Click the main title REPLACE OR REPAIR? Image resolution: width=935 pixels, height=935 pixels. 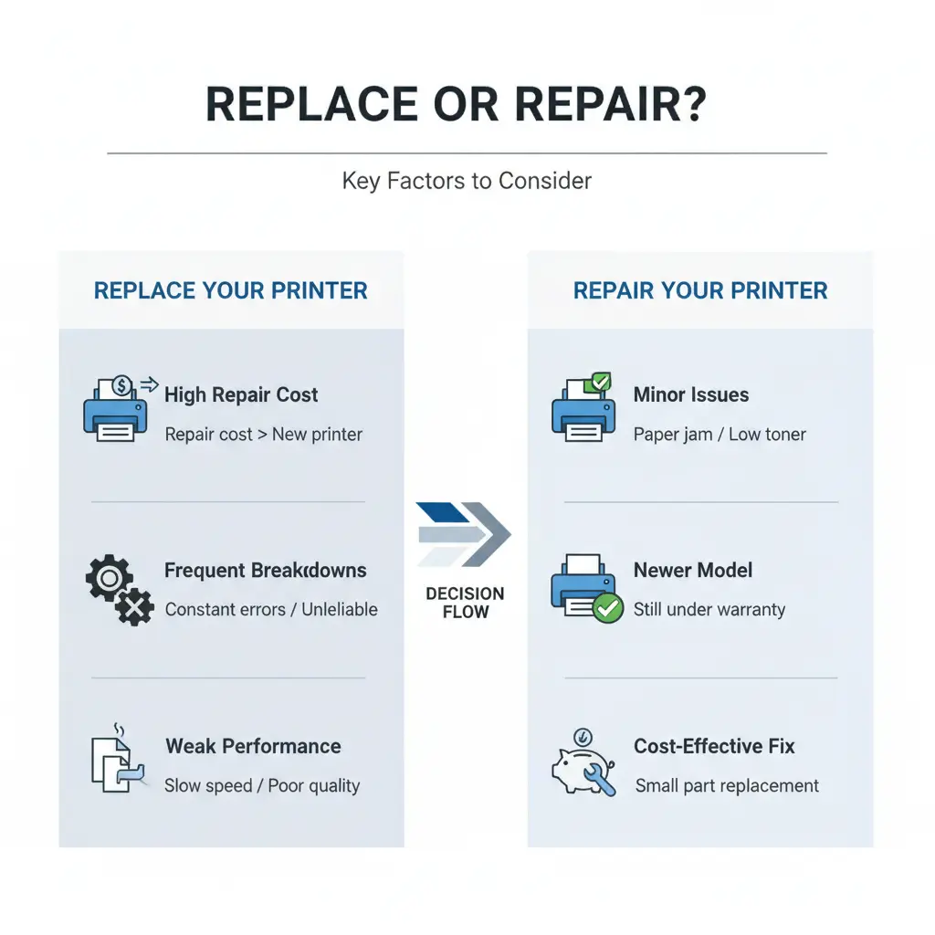pyautogui.click(x=456, y=106)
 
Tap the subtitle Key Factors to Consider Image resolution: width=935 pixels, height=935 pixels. pyautogui.click(x=467, y=181)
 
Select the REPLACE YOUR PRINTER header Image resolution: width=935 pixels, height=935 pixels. pyautogui.click(x=231, y=291)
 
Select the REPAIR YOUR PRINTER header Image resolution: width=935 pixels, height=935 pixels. pyautogui.click(x=699, y=291)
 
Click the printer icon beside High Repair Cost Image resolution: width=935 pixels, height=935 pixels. pyautogui.click(x=114, y=411)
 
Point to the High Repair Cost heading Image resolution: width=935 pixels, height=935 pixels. pyautogui.click(x=241, y=395)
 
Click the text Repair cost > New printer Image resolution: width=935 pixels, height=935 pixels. pyautogui.click(x=263, y=435)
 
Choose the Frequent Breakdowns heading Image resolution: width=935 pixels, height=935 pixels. pyautogui.click(x=265, y=571)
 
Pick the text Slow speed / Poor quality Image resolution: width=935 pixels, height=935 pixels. pyautogui.click(x=261, y=786)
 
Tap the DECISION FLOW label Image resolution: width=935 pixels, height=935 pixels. pyautogui.click(x=465, y=603)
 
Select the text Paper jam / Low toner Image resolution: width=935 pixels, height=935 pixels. pyautogui.click(x=720, y=435)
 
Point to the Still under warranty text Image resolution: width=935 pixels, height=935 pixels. pyautogui.click(x=709, y=610)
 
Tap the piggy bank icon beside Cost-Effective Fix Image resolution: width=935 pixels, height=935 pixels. pyautogui.click(x=583, y=763)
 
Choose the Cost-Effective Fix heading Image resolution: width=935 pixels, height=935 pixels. pyautogui.click(x=714, y=746)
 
